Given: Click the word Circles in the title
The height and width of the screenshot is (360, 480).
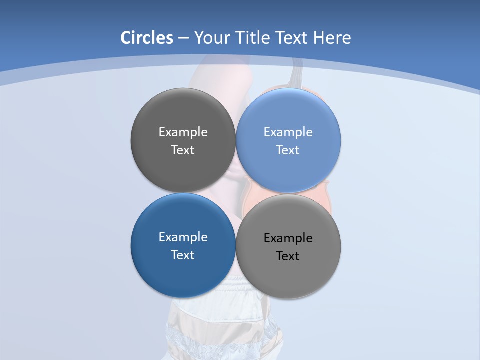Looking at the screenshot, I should click(x=147, y=38).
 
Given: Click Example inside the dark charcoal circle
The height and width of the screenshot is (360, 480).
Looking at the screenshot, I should click(x=183, y=132).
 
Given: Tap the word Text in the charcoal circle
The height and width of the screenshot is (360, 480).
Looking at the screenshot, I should click(x=183, y=150).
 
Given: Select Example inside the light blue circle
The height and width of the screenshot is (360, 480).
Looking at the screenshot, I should click(x=288, y=132).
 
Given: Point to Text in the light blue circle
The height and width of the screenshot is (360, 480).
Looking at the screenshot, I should click(x=288, y=150).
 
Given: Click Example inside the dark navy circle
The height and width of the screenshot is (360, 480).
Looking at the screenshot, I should click(x=183, y=237).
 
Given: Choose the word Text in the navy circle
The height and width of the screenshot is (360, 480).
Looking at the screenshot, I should click(x=183, y=255).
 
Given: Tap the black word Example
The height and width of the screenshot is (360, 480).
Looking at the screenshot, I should click(x=288, y=238).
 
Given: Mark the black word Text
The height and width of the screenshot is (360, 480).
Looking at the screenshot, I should click(x=288, y=256).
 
